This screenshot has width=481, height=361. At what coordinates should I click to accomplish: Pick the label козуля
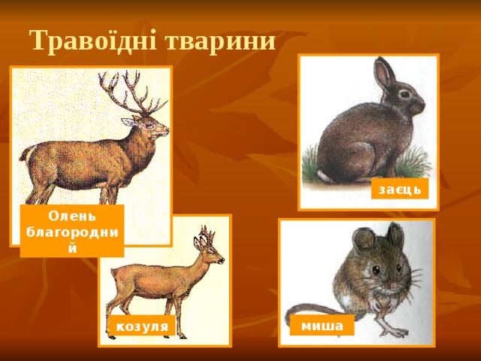tap(141, 327)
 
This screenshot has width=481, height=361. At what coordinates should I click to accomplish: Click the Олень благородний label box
tap(71, 231)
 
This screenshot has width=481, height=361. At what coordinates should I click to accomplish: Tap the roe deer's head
tap(209, 255)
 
